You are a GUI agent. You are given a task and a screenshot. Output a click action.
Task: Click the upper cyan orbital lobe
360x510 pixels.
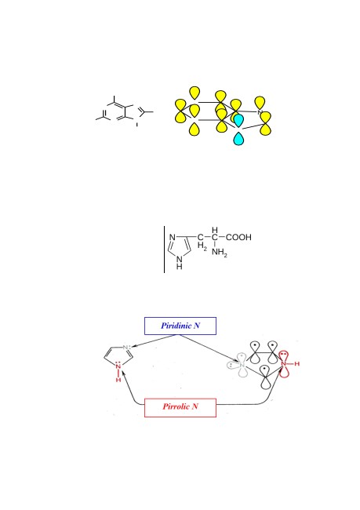point(238,121)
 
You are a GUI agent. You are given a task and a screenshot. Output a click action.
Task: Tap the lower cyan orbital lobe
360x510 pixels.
point(238,139)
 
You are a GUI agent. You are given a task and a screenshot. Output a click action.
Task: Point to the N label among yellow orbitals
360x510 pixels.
point(260,112)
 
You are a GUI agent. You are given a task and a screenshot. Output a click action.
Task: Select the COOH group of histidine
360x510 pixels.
point(238,237)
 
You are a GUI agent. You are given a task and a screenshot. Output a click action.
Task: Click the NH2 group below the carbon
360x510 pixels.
point(220,253)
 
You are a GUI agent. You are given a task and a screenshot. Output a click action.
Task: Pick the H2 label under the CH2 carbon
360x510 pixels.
point(202,246)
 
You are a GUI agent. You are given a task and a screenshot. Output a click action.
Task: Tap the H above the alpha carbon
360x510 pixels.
point(215,230)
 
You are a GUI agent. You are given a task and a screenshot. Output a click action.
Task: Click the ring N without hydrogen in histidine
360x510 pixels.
point(173,238)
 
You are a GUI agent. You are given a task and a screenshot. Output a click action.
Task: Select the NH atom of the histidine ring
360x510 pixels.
point(179,263)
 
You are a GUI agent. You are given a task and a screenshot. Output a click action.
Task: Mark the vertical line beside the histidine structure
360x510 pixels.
point(164,250)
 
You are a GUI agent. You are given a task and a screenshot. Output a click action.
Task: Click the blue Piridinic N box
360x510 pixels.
point(180,326)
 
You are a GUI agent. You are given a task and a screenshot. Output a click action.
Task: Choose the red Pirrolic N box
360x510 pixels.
point(180,407)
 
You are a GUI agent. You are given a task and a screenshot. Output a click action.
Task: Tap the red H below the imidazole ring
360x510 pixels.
point(118,380)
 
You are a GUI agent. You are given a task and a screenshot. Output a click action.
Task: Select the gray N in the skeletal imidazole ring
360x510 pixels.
point(125,348)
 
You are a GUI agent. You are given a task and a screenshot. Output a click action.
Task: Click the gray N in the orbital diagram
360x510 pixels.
point(242,366)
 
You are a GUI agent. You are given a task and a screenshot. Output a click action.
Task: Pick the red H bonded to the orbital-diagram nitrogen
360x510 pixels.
point(296,363)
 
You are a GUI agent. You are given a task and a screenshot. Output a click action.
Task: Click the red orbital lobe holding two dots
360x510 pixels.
point(284,355)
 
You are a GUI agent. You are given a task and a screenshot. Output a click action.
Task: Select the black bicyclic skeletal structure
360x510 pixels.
point(124,111)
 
